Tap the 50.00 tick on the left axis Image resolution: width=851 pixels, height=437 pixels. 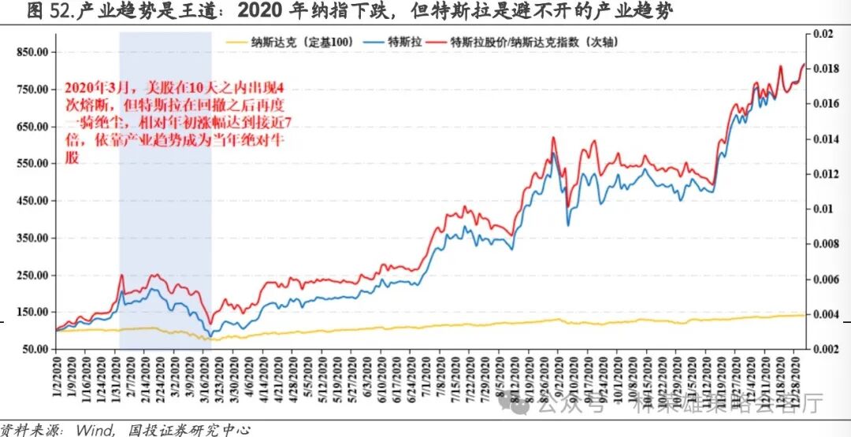pyautogui.click(x=34, y=349)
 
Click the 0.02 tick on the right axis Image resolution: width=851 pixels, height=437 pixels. pyautogui.click(x=823, y=35)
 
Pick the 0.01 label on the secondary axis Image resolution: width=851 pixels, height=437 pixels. pyautogui.click(x=823, y=209)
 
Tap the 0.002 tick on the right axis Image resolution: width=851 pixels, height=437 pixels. pyautogui.click(x=826, y=349)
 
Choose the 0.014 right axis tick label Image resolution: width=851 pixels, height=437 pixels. pyautogui.click(x=826, y=139)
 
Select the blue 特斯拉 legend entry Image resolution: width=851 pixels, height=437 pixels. pyautogui.click(x=402, y=41)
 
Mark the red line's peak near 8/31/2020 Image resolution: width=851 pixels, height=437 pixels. pyautogui.click(x=553, y=138)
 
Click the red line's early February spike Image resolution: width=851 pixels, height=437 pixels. pyautogui.click(x=121, y=275)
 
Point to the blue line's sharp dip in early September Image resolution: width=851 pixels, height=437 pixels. pyautogui.click(x=568, y=225)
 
